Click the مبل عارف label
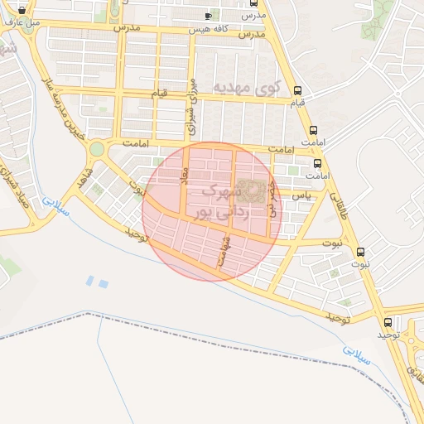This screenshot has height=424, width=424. (22, 22)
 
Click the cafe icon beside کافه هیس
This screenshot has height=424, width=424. (208, 16)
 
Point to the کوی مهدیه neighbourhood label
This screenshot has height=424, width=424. (248, 86)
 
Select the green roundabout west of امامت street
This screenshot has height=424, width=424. (97, 150)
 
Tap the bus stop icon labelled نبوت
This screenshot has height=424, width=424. (359, 252)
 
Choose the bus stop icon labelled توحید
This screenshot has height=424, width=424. (388, 322)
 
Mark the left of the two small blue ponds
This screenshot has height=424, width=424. (89, 281)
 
